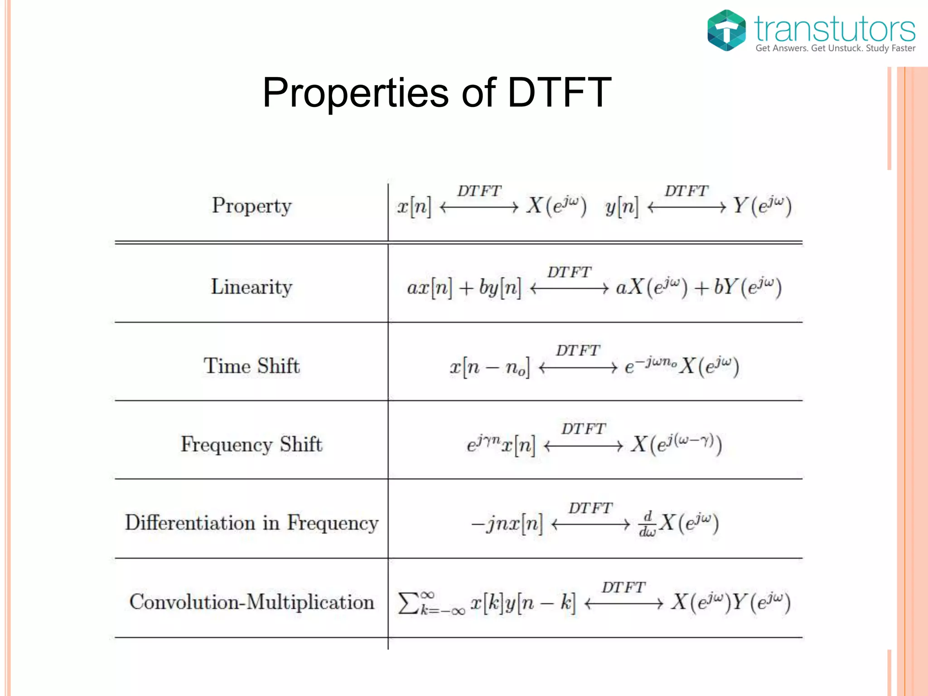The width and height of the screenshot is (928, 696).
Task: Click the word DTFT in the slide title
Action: [x=559, y=93]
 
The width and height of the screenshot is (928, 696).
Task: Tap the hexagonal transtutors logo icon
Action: [x=726, y=30]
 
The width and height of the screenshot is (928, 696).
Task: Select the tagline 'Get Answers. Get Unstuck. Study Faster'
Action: [x=835, y=48]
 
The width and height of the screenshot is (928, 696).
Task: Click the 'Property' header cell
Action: [x=251, y=206]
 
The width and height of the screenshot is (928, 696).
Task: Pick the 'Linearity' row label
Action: [x=251, y=287]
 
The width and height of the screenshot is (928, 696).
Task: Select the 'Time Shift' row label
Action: [x=251, y=366]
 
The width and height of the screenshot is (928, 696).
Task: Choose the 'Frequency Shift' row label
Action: [x=251, y=445]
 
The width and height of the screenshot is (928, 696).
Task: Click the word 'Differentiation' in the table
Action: [x=190, y=523]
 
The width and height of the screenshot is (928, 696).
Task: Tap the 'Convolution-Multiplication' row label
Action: [x=251, y=602]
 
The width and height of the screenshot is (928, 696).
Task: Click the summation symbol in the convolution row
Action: [x=408, y=603]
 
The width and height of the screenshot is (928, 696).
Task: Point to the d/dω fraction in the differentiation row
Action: [x=648, y=524]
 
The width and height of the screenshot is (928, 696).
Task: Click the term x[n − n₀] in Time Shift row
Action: [x=489, y=367]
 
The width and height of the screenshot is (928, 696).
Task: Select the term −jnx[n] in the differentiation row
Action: [x=507, y=524]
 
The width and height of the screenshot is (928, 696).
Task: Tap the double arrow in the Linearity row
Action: [x=569, y=289]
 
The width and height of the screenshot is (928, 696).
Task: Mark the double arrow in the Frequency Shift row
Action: [x=583, y=446]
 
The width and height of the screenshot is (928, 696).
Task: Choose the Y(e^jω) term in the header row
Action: [x=762, y=206]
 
